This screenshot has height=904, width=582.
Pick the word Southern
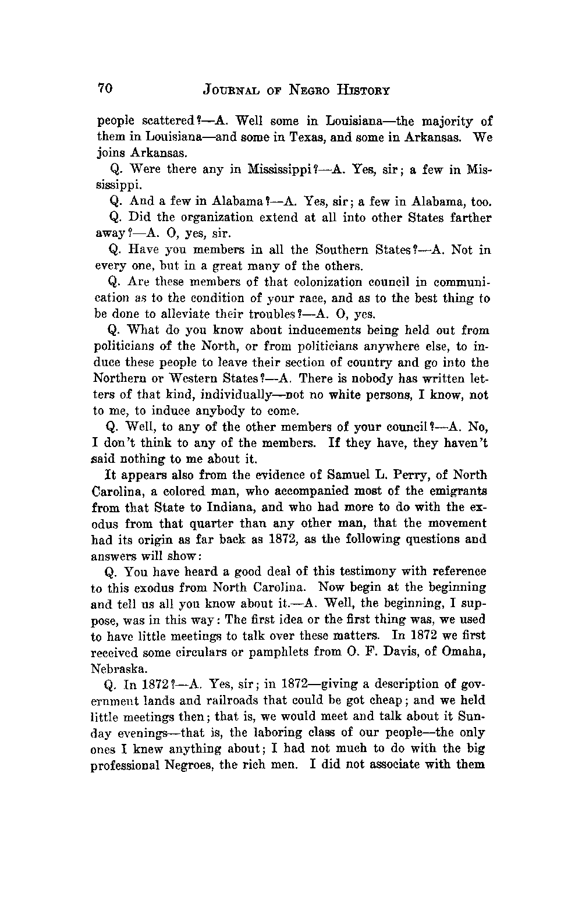(347, 250)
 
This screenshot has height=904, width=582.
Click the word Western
(178, 379)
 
